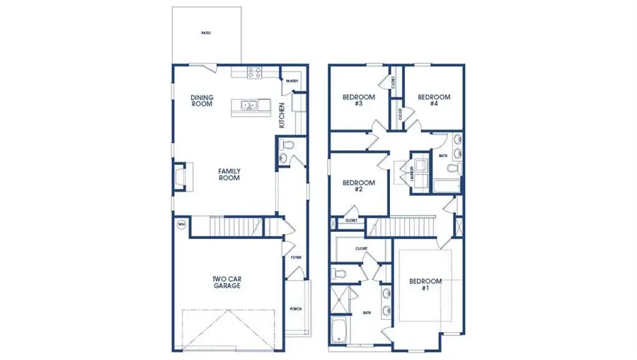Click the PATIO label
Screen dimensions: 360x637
coord(205,33)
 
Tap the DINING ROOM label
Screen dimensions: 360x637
coord(202,101)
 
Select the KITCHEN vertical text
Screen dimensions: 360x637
coord(281,112)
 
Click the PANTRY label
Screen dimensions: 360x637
coord(292,81)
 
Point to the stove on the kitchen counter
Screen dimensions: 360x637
coord(254,71)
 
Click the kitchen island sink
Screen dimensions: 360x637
coord(249,106)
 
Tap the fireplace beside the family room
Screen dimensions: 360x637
coord(180,177)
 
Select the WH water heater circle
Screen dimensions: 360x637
coord(181,225)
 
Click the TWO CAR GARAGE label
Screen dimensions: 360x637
coord(228,283)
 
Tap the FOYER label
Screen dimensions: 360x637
coord(296,257)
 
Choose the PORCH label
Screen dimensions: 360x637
coord(296,309)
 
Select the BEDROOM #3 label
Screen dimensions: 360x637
coord(352,100)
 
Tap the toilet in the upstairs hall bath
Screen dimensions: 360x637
coord(453,169)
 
